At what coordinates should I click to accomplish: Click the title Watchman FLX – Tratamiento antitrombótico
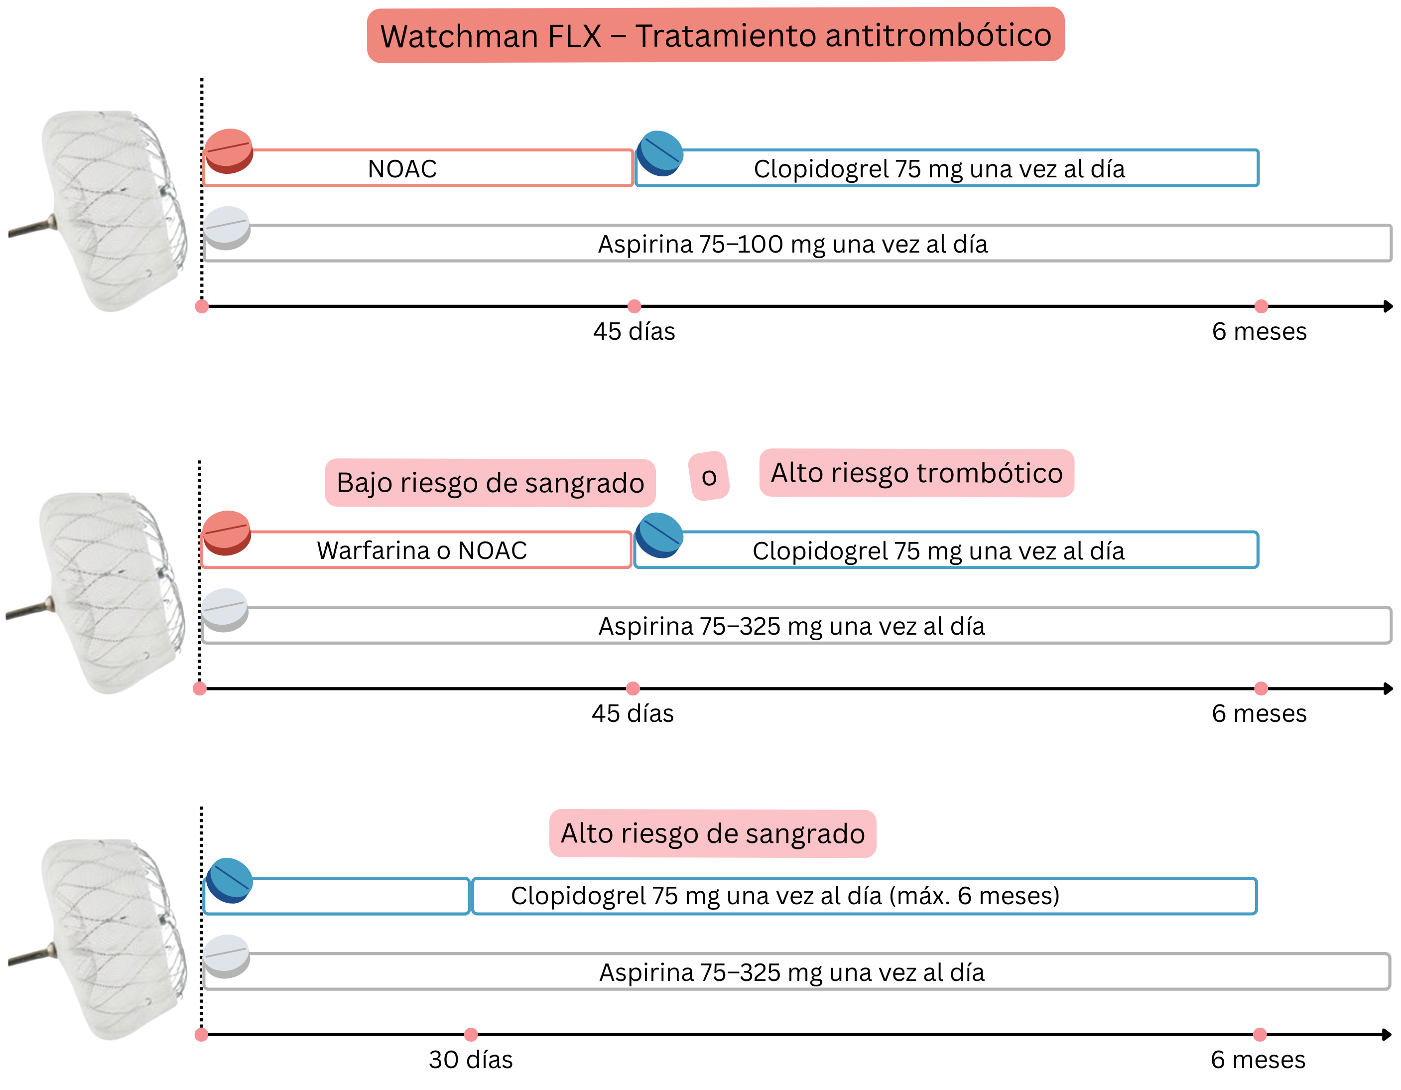coord(715,35)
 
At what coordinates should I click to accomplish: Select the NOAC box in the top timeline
coord(417,168)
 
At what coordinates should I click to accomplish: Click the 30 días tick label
coord(470,1060)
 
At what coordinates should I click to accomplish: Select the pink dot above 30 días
coord(471,1034)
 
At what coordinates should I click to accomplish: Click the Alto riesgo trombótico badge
coord(916,473)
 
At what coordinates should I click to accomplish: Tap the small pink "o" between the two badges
coord(709,476)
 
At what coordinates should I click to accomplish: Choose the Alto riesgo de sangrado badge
coord(712,833)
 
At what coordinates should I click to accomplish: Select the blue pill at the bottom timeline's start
coord(229,880)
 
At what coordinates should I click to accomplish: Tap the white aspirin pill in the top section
coord(227,228)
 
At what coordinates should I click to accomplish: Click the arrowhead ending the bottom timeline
coord(1388,1034)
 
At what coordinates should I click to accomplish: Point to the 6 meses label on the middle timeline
coord(1259,713)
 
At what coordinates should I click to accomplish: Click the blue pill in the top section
coord(660,153)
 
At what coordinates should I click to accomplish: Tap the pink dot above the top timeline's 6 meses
coord(1261,306)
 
